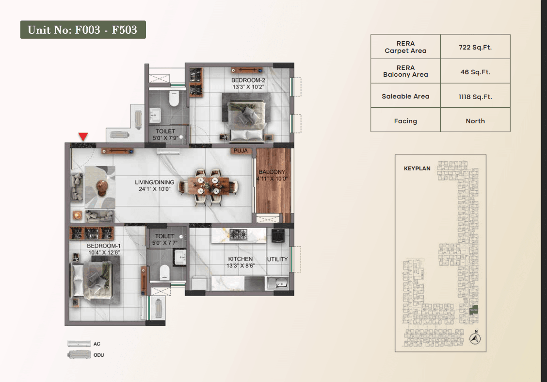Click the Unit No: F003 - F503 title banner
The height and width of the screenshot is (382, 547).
pyautogui.click(x=83, y=30)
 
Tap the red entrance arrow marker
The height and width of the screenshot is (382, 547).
pyautogui.click(x=83, y=136)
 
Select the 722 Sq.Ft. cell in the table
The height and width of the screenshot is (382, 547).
pyautogui.click(x=475, y=47)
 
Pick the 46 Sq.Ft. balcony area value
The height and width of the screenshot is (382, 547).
pyautogui.click(x=475, y=72)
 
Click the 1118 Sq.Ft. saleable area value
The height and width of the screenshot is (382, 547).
pyautogui.click(x=475, y=97)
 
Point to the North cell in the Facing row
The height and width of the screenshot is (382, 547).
pyautogui.click(x=475, y=121)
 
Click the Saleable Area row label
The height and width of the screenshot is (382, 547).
pyautogui.click(x=405, y=97)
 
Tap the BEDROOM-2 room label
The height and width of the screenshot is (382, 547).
pyautogui.click(x=248, y=80)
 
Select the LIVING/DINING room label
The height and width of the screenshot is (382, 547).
pyautogui.click(x=155, y=183)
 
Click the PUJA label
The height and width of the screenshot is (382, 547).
pyautogui.click(x=241, y=151)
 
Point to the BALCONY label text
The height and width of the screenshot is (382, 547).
pyautogui.click(x=272, y=172)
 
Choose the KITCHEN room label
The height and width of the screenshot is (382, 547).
pyautogui.click(x=241, y=259)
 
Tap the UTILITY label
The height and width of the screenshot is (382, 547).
pyautogui.click(x=277, y=259)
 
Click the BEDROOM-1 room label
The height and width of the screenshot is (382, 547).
pyautogui.click(x=104, y=246)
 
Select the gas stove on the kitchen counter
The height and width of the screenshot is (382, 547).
pyautogui.click(x=238, y=234)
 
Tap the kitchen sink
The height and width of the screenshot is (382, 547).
pyautogui.click(x=277, y=282)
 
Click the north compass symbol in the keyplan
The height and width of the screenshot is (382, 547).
pyautogui.click(x=475, y=338)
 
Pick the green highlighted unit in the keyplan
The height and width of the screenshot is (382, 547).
pyautogui.click(x=473, y=310)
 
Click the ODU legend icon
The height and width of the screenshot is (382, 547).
pyautogui.click(x=79, y=355)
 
